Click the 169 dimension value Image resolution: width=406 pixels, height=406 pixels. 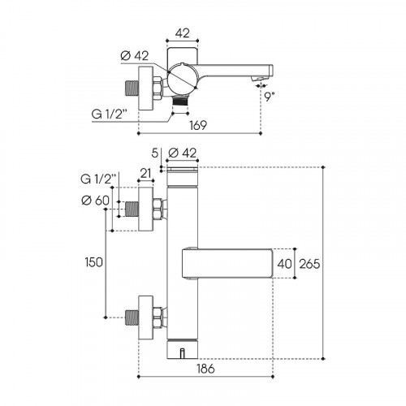[198, 125]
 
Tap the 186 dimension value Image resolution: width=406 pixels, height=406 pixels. [205, 369]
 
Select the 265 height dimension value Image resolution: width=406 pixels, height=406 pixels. [309, 264]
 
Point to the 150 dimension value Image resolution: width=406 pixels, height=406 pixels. [93, 262]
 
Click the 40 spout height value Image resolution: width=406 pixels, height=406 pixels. [284, 264]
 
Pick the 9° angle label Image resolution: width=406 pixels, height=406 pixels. [269, 97]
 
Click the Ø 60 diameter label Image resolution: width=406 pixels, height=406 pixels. [95, 201]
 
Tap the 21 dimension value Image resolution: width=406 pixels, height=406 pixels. [145, 173]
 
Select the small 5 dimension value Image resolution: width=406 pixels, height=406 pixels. [154, 153]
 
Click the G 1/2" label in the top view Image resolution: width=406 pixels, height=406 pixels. [110, 114]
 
